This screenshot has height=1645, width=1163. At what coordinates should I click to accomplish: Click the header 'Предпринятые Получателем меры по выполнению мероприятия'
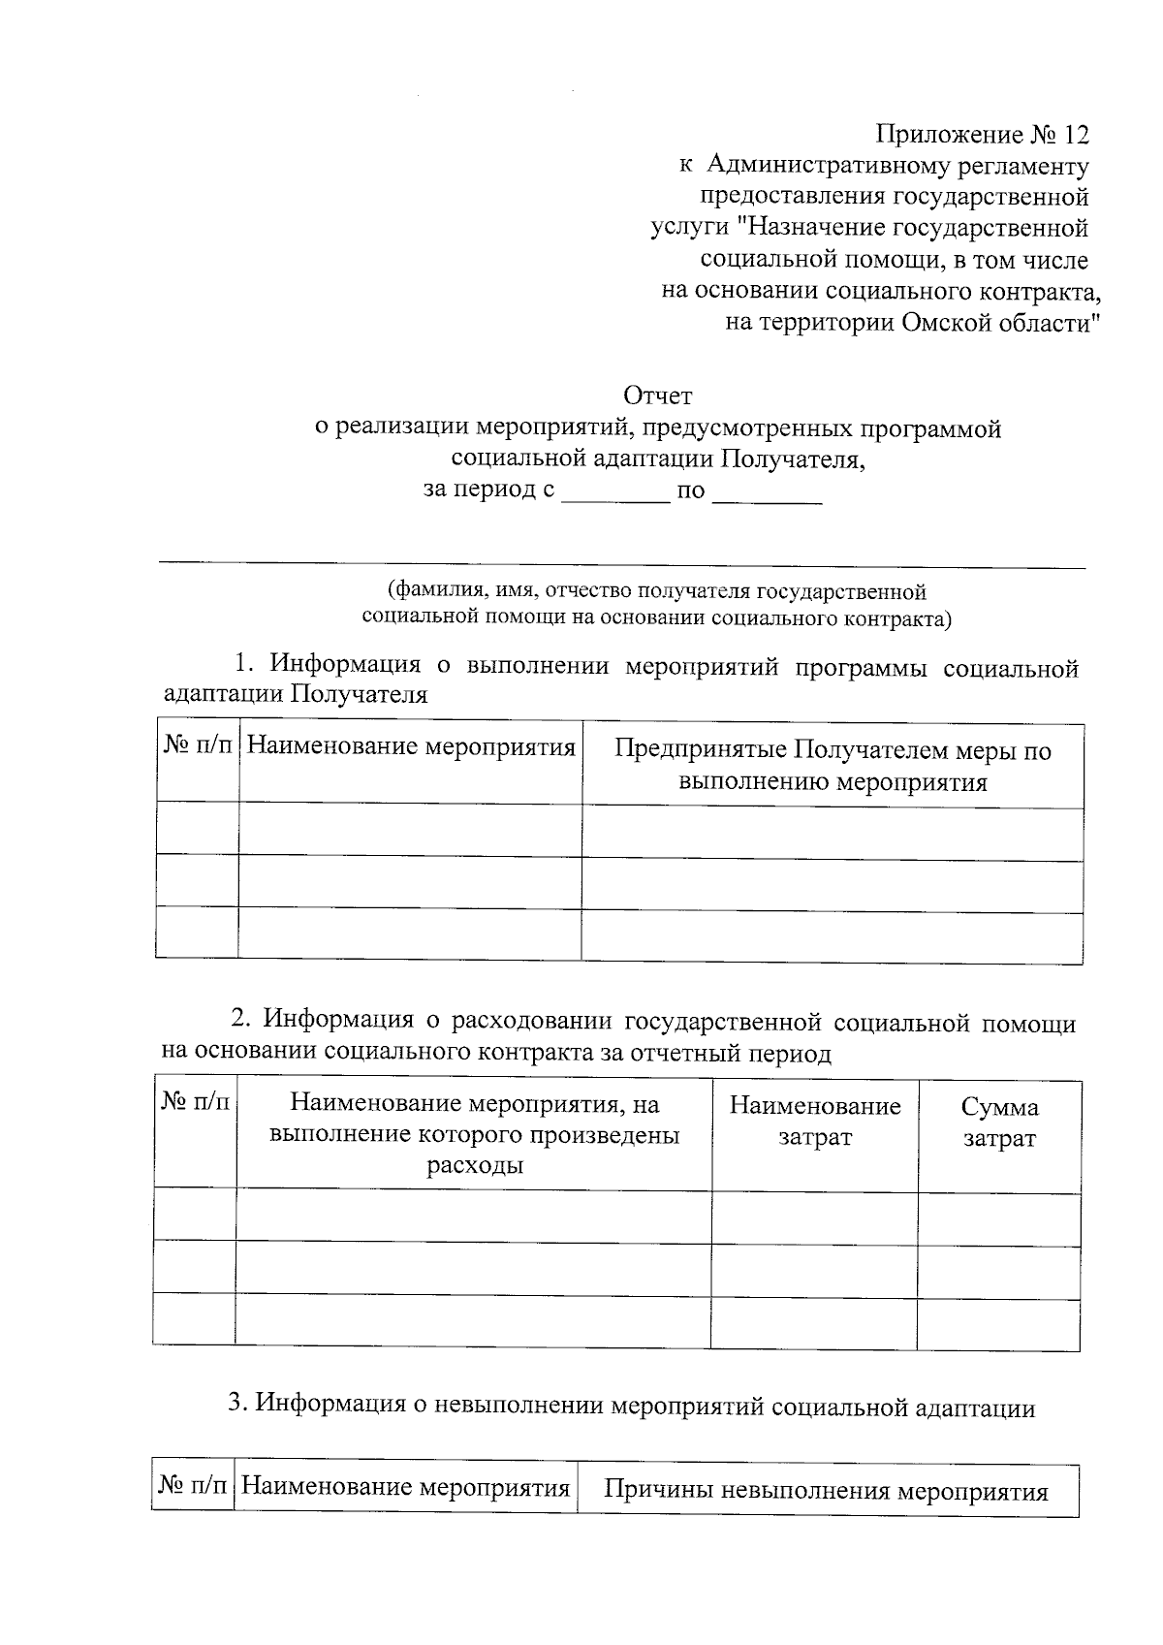pos(833,766)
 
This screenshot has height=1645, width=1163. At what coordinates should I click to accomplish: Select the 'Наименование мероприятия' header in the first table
pos(410,747)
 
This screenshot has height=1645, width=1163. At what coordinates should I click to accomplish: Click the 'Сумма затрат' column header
pos(998,1123)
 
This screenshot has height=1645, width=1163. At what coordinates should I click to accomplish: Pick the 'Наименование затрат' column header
pos(814,1123)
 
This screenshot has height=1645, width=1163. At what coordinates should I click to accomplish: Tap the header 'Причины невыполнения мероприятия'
pos(826,1491)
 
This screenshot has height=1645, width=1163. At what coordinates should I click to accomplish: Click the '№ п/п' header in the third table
pos(193,1487)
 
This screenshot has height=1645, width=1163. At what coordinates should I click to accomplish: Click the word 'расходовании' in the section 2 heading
pos(532,1021)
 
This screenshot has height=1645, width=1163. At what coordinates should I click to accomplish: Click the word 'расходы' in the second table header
pos(475,1164)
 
